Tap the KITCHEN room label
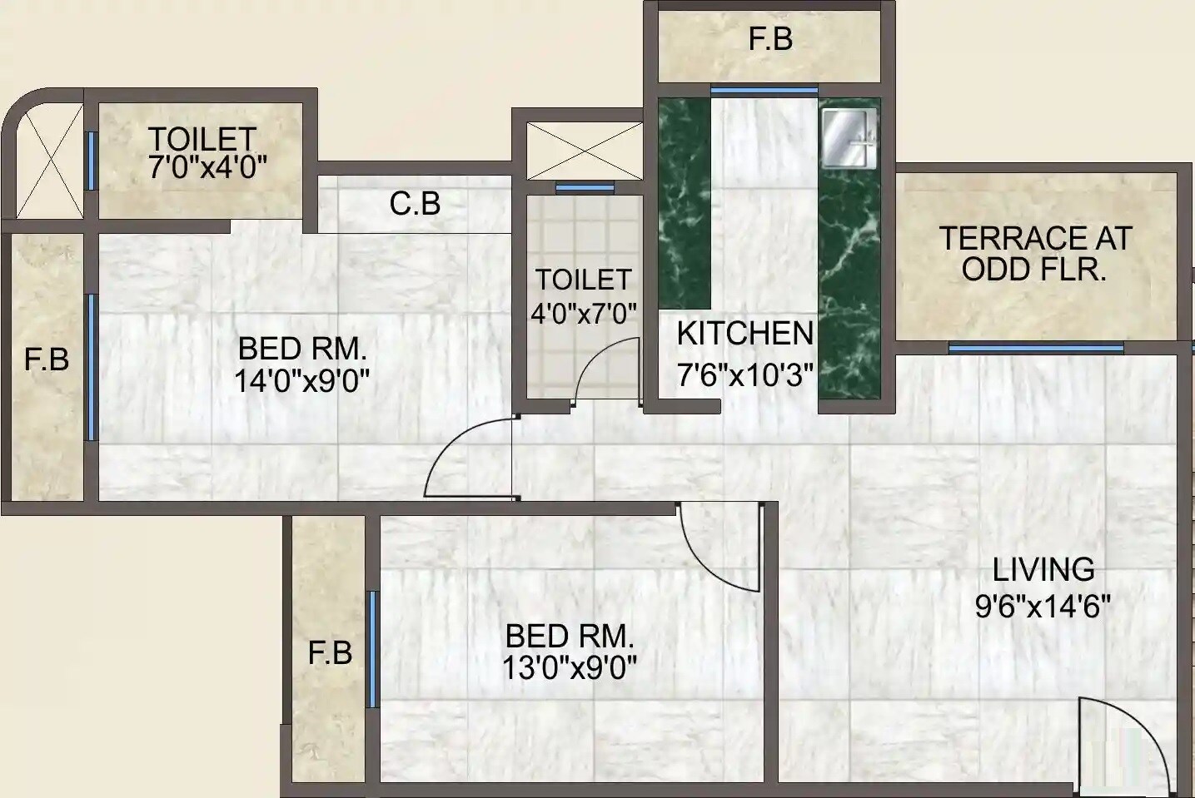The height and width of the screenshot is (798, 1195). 744,334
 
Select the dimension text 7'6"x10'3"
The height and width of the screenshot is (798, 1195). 744,375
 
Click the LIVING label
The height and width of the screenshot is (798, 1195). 1043,570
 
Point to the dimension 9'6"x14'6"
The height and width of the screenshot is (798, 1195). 1043,607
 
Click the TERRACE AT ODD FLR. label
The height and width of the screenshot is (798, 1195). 1035,254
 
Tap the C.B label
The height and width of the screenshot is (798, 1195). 415,203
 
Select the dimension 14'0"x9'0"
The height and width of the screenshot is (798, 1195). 301,381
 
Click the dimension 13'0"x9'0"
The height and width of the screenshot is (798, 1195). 570,667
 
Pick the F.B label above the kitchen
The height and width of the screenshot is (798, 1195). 770,39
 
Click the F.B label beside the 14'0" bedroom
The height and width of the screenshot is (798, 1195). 46,359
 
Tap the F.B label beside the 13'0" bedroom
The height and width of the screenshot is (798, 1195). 330,653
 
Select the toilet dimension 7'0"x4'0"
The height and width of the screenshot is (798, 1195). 207,166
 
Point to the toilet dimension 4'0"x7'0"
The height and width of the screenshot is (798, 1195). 583,314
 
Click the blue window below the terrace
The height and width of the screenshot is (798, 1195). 1035,348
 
